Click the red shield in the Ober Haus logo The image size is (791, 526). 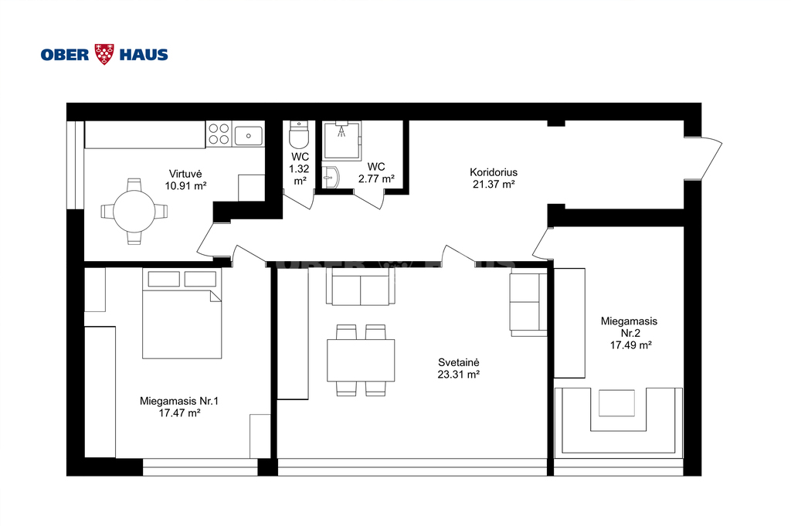tap(104, 55)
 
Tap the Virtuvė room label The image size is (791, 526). tap(185, 174)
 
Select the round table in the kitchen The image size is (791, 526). tap(134, 212)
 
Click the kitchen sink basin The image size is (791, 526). tap(248, 134)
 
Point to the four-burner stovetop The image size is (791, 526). tap(219, 134)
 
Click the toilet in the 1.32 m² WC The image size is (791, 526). tap(299, 134)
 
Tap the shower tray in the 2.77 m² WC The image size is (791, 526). tap(342, 141)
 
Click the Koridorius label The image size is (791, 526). tap(494, 172)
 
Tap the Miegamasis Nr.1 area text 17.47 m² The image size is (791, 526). tap(179, 413)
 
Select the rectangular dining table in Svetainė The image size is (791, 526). tap(361, 361)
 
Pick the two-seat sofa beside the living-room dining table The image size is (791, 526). tap(360, 287)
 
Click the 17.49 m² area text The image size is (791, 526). tap(630, 345)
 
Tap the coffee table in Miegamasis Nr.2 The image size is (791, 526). tap(616, 403)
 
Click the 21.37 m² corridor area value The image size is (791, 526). tap(494, 184)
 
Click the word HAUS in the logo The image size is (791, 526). tap(143, 55)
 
